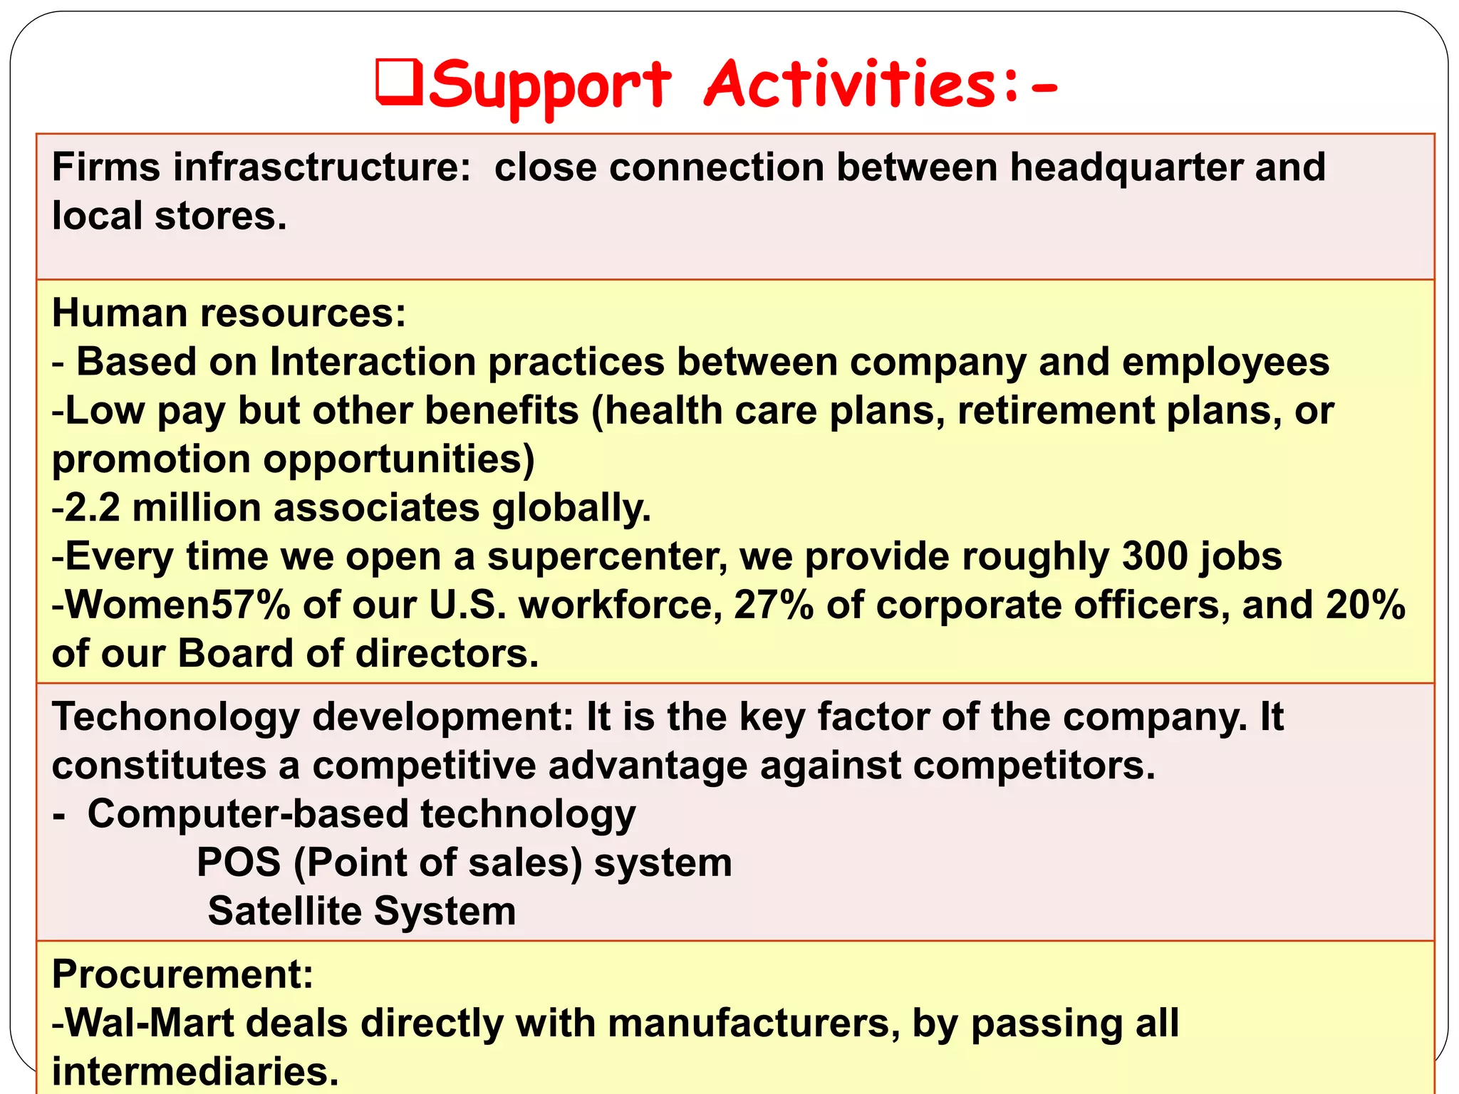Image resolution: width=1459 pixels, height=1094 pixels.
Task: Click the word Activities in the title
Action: [852, 85]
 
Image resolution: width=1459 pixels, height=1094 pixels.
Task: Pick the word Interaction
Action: [372, 362]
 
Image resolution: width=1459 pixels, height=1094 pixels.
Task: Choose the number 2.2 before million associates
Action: [92, 508]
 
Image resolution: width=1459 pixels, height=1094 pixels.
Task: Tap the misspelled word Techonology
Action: [175, 718]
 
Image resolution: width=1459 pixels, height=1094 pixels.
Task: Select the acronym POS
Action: [239, 863]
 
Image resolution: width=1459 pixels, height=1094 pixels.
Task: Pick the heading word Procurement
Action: [182, 974]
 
